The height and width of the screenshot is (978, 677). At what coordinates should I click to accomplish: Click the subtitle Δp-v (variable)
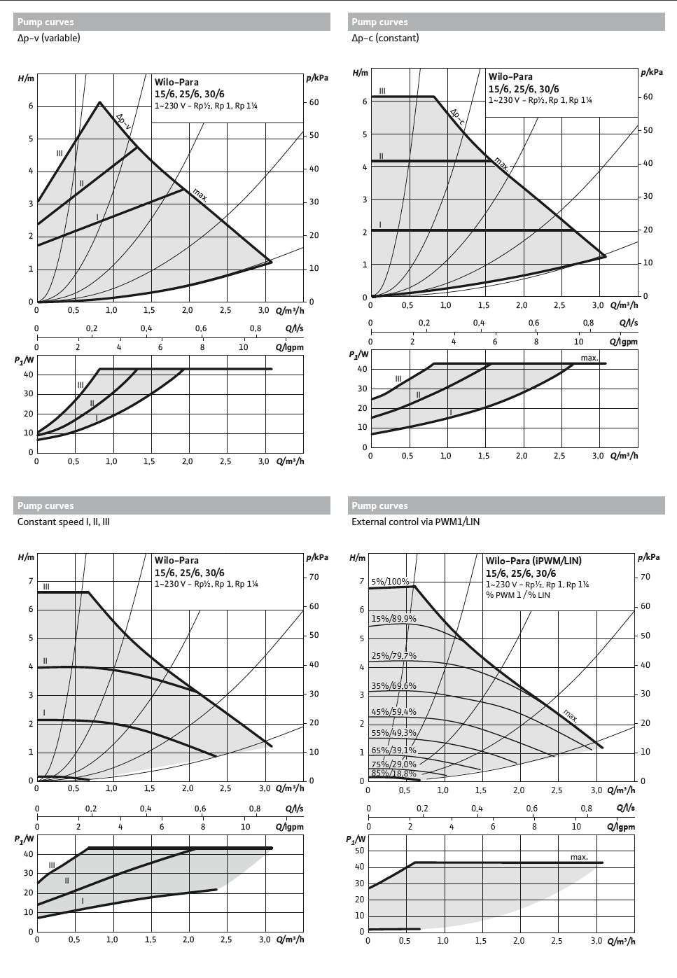click(x=48, y=38)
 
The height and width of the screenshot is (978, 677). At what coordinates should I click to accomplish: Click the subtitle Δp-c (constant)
click(x=385, y=38)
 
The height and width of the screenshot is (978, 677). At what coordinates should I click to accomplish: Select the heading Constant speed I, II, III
click(x=63, y=522)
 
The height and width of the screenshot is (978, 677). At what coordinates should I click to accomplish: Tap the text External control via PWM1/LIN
click(x=415, y=522)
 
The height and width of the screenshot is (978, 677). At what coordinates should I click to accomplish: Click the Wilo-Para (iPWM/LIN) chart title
click(x=533, y=561)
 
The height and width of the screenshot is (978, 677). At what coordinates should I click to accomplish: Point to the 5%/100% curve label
click(x=390, y=581)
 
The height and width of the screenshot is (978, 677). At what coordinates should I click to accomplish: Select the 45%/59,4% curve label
click(x=393, y=712)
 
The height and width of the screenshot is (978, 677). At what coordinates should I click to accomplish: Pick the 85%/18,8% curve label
click(x=393, y=774)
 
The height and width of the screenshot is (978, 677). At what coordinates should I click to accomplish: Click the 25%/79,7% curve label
click(x=393, y=656)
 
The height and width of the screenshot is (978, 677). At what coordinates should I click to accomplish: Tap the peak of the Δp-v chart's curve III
click(x=99, y=102)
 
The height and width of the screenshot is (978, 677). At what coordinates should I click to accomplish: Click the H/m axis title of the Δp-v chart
click(x=25, y=78)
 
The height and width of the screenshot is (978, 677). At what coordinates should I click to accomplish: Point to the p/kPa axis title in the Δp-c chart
click(x=651, y=72)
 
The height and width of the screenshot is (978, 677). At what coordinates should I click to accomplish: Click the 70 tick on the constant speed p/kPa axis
click(x=314, y=577)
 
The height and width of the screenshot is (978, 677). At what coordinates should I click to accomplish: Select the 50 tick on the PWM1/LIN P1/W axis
click(x=359, y=851)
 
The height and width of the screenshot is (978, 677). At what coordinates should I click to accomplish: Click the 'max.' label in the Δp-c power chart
click(x=589, y=358)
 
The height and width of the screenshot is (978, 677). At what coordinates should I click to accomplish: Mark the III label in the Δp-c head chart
click(x=382, y=91)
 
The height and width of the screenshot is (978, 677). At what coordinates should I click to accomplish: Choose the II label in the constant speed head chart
click(x=45, y=661)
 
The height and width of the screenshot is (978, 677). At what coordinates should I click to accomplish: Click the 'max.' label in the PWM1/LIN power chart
click(x=579, y=857)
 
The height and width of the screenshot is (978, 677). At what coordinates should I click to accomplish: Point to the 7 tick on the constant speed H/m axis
click(x=31, y=581)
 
